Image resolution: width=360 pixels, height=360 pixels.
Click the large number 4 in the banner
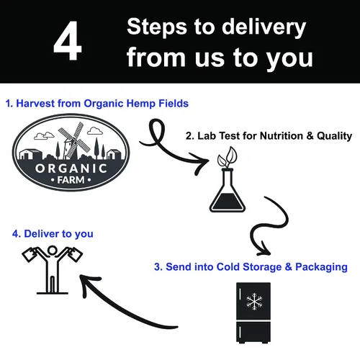click(x=68, y=40)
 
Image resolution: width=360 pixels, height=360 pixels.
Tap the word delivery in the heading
click(x=264, y=27)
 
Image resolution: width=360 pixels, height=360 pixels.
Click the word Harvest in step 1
click(x=35, y=104)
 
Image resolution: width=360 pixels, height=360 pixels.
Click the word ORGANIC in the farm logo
click(x=71, y=168)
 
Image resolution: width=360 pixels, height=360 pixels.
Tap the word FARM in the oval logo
click(x=71, y=180)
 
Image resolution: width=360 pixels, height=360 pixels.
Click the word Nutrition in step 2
click(x=282, y=136)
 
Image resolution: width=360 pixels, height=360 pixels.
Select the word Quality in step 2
click(x=334, y=136)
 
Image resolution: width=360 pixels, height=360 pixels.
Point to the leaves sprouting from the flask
click(x=228, y=158)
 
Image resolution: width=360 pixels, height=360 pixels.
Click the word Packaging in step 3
click(x=321, y=267)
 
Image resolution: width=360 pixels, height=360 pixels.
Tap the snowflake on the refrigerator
click(x=254, y=302)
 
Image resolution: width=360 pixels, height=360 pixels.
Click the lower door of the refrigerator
click(x=253, y=332)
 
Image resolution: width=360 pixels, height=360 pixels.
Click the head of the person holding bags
click(x=52, y=251)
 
